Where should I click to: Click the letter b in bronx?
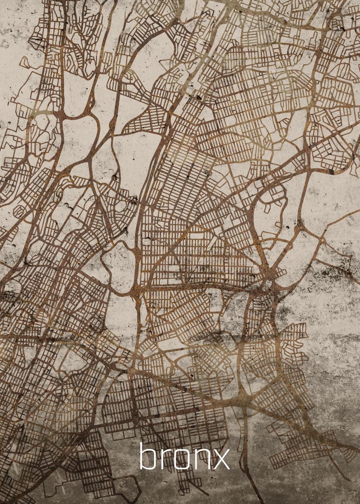(148, 457)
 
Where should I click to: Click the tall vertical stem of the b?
(141, 455)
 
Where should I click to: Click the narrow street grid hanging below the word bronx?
(185, 487)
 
